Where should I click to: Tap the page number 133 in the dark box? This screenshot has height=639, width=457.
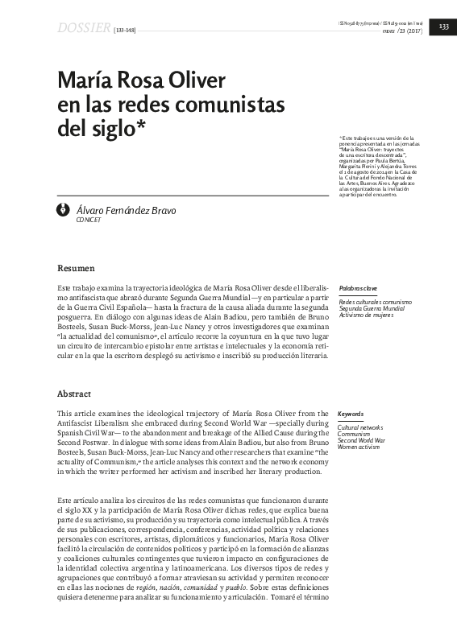pyautogui.click(x=442, y=28)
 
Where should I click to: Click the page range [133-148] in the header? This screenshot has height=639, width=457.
pyautogui.click(x=124, y=30)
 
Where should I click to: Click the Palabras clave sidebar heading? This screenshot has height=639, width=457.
pyautogui.click(x=359, y=287)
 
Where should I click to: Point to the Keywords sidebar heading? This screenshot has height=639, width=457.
pyautogui.click(x=351, y=414)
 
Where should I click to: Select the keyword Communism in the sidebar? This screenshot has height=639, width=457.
pyautogui.click(x=355, y=434)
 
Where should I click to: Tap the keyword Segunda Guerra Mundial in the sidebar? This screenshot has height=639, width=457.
pyautogui.click(x=372, y=307)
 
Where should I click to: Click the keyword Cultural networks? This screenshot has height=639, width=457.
pyautogui.click(x=360, y=427)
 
